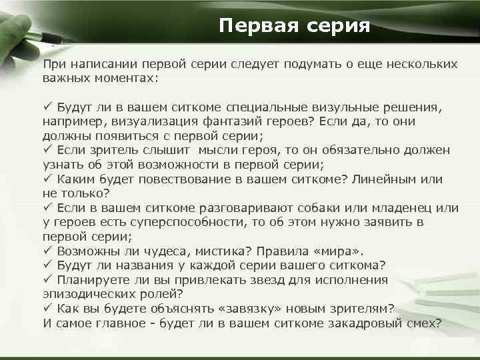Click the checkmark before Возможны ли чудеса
pos(47,251)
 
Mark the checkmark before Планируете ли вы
pos(47,280)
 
